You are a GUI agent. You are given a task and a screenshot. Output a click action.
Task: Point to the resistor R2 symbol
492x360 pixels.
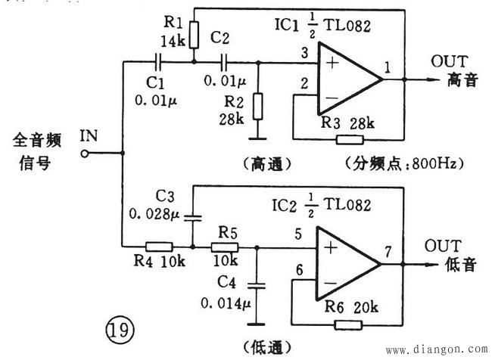coord(259,106)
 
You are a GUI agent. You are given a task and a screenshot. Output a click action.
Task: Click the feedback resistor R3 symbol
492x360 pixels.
coord(350,139)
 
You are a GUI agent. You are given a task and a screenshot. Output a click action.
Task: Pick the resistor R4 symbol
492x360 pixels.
coord(159,246)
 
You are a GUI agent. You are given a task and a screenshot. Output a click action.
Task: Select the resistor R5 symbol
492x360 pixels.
coord(226,246)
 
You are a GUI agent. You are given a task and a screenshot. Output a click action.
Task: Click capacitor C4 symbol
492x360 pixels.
coord(259,285)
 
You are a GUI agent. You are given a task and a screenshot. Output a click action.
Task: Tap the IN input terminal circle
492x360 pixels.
coord(85,153)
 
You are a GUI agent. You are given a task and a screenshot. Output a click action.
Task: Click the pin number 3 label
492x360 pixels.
coord(304,53)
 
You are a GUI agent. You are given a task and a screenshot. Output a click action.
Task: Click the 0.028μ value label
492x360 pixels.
coord(154,215)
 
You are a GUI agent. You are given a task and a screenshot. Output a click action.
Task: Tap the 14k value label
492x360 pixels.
coord(174,42)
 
